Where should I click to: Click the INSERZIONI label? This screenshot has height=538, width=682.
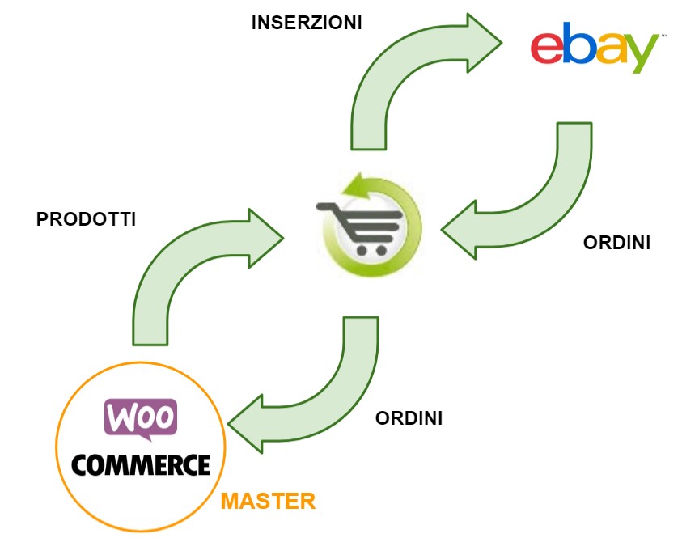tap(307, 22)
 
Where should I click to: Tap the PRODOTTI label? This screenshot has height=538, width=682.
tap(87, 219)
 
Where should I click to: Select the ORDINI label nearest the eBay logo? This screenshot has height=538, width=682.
tap(617, 243)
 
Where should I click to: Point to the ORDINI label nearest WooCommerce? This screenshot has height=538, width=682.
tap(409, 419)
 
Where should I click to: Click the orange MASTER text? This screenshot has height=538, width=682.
tap(268, 501)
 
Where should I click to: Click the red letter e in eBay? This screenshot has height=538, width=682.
tap(547, 49)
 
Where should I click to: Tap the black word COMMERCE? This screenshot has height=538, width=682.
tap(141, 464)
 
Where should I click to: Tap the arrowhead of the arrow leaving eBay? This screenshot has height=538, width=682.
tap(460, 231)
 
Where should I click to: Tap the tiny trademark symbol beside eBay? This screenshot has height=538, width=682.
tap(663, 36)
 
